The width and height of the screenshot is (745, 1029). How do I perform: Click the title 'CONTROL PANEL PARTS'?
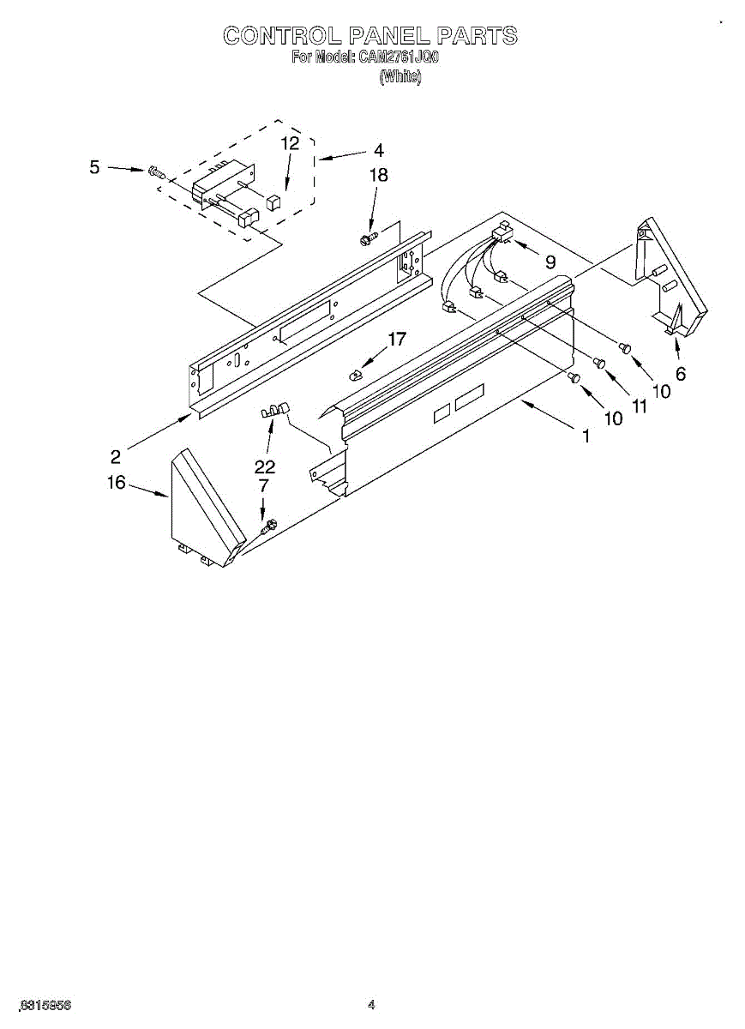[x=370, y=35]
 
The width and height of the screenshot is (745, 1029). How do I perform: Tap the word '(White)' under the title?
[x=400, y=76]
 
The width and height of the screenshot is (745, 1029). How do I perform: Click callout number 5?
[x=95, y=167]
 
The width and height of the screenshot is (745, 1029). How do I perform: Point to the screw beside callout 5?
[x=157, y=171]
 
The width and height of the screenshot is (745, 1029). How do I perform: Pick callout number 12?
[x=291, y=143]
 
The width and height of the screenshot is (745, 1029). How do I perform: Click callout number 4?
[x=378, y=150]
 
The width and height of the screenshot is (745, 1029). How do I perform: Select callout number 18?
[x=378, y=175]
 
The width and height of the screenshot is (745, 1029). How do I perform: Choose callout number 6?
[x=681, y=374]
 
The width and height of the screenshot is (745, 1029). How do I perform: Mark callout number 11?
[x=639, y=406]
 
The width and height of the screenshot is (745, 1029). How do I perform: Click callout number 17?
[x=396, y=340]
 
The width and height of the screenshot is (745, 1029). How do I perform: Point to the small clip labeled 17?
[x=356, y=374]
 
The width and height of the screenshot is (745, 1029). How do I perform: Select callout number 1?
[x=586, y=436]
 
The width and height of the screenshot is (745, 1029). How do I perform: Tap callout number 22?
[x=265, y=466]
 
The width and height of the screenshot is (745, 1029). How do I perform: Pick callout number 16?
[x=117, y=483]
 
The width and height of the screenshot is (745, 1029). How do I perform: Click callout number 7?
[x=263, y=486]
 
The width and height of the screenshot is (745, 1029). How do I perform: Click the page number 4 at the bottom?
[x=371, y=1004]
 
